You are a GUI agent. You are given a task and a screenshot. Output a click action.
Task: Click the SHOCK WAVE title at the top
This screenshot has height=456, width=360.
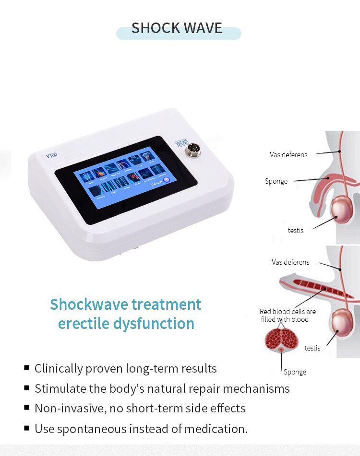(177, 28)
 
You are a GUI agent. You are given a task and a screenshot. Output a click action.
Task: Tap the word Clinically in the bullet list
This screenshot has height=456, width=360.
(58, 369)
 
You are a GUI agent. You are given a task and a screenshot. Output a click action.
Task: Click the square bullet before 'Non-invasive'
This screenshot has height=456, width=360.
(27, 408)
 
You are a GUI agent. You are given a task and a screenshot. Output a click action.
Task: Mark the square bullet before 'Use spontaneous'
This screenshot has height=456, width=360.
(27, 428)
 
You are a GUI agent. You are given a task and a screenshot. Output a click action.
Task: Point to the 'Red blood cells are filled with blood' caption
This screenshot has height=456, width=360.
(288, 315)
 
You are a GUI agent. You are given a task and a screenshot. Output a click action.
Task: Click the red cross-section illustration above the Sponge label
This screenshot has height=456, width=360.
(281, 340)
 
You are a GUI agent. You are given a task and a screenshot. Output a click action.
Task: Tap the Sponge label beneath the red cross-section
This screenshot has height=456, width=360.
(295, 372)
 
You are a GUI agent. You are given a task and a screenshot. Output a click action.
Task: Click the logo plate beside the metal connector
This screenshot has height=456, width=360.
(182, 143)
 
